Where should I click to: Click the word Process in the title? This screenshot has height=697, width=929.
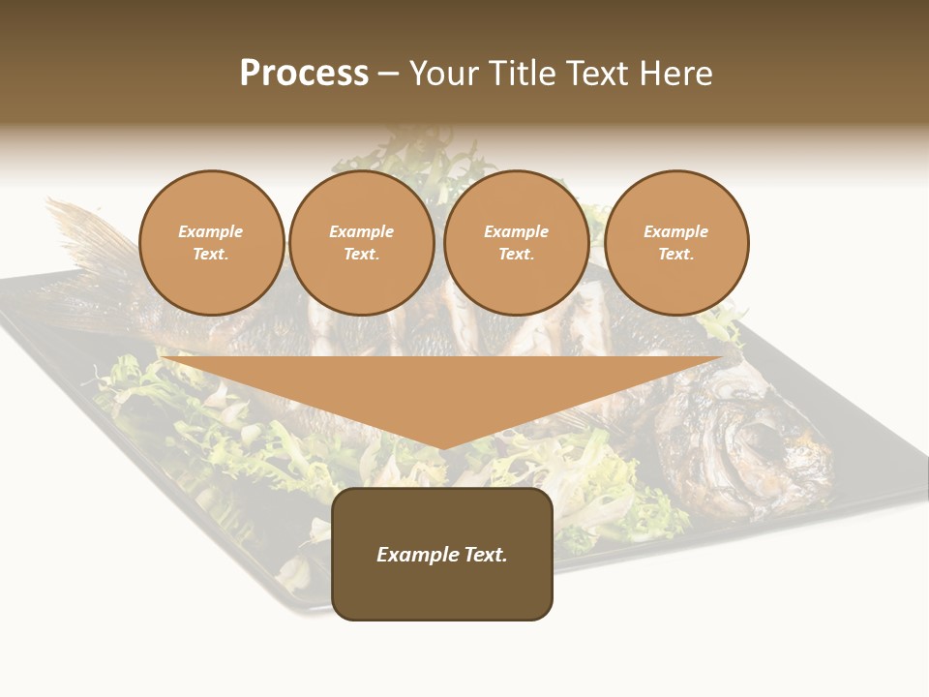(x=304, y=74)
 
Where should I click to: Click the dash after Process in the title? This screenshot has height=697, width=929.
(x=389, y=75)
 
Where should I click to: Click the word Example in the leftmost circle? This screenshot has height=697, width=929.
(x=211, y=231)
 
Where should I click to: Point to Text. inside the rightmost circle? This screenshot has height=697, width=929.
(x=676, y=254)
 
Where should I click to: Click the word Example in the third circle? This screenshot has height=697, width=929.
(x=517, y=231)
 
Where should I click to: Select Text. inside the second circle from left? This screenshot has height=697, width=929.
(x=362, y=254)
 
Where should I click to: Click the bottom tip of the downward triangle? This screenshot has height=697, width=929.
(x=442, y=448)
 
